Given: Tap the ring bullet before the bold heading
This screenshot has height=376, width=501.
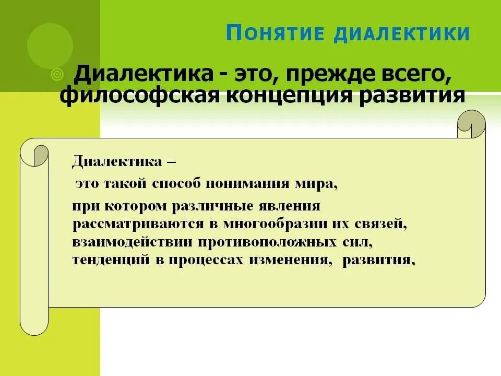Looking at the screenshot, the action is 57,75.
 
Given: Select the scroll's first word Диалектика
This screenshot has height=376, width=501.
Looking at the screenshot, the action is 117,161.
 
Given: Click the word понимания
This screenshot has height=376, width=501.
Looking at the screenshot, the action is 247,184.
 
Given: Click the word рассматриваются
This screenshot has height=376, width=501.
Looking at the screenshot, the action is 138,225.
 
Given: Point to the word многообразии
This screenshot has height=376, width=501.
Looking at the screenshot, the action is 275,224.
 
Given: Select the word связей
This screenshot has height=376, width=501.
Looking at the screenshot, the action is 380,224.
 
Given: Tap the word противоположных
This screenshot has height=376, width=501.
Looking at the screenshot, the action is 267,242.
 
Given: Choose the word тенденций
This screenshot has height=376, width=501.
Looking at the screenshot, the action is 111,260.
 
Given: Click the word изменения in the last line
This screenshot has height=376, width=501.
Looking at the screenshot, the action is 289,260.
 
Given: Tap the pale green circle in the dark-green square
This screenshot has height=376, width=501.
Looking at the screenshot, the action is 50,46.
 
